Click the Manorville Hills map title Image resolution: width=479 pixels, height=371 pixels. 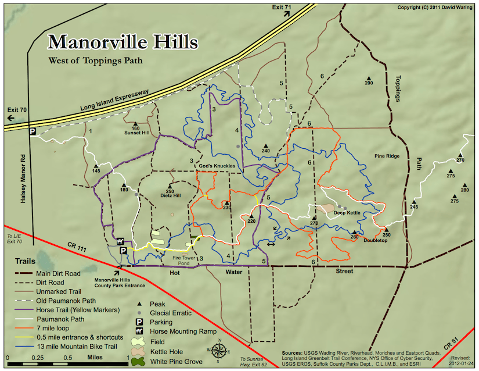tap(123, 42)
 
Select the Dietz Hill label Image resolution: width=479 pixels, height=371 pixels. tap(170, 196)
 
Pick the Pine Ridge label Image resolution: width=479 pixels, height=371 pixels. tap(387, 156)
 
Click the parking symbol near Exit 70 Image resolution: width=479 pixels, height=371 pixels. tap(33, 132)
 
